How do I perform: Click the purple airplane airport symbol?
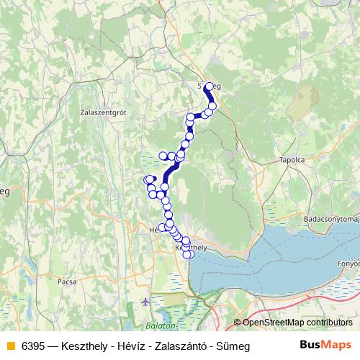coord(146,301)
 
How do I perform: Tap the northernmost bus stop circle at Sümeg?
coord(209,87)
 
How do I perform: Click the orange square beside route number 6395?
coord(10,346)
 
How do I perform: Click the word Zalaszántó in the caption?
coord(168,346)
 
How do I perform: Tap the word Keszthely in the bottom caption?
coord(82,346)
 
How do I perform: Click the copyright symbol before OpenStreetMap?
coord(238,323)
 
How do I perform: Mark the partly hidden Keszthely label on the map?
coord(192,247)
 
